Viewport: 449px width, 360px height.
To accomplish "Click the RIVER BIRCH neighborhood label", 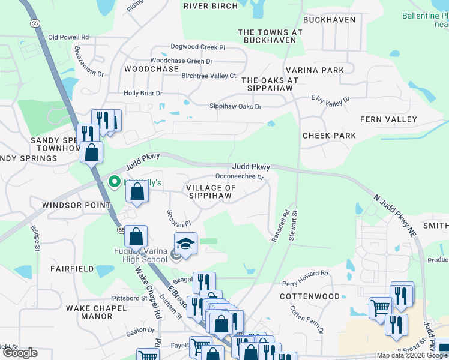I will [x=210, y=6].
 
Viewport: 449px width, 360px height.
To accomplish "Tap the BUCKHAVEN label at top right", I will [x=329, y=19].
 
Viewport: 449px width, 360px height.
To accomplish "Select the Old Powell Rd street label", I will [x=69, y=37].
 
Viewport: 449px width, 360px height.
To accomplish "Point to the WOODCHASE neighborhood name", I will [x=151, y=69].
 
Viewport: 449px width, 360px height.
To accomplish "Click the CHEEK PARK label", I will [x=329, y=136].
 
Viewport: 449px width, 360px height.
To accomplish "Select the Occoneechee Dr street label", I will [x=240, y=177].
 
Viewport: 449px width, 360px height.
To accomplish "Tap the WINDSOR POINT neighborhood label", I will [x=76, y=205].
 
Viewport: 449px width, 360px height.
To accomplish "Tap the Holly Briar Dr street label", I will [x=143, y=94].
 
